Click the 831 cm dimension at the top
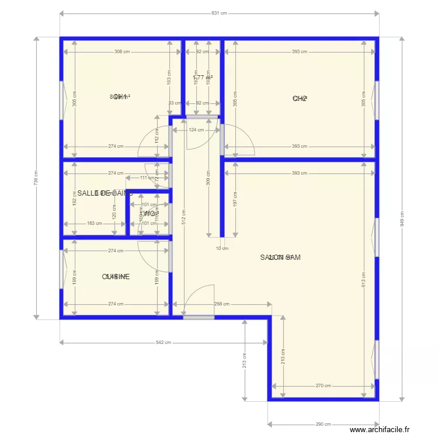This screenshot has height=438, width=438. coord(219,13)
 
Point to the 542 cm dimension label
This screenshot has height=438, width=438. coord(164,343)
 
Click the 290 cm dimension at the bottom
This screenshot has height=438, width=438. coord(323,425)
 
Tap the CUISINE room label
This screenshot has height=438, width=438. coord(116,277)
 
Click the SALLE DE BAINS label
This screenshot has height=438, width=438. coord(105,193)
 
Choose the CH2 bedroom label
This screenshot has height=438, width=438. coord(300,99)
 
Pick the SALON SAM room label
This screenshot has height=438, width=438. coord(280,257)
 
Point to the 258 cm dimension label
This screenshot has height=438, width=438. coord(222,304)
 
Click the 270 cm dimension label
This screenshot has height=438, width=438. coord(323,385)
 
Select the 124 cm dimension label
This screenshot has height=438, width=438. coord(196,130)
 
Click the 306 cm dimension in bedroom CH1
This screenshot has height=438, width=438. coord(122,52)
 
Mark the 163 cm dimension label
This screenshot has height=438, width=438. coord(95,223)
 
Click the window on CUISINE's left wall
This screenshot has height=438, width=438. coord(61,269)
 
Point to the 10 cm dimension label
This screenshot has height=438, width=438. coord(223,248)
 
